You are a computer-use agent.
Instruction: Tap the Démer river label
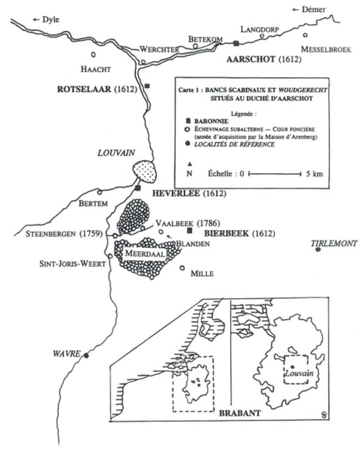tap(313, 10)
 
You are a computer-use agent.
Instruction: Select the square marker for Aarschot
tap(236, 43)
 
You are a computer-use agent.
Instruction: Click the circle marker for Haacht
tap(94, 54)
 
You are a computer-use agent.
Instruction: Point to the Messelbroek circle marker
tap(305, 35)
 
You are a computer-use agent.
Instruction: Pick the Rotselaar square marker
tap(147, 86)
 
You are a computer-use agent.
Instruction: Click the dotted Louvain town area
tap(145, 172)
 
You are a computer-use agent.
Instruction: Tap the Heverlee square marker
tap(138, 188)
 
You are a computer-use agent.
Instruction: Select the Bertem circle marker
tap(99, 192)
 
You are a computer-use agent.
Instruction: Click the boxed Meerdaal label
tap(145, 254)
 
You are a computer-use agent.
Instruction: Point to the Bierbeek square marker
tap(190, 231)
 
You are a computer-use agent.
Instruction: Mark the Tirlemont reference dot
tap(318, 249)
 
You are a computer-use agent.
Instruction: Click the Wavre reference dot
tap(86, 356)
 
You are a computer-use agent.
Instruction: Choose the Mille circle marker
tap(182, 268)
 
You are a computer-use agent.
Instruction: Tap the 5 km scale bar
tap(275, 174)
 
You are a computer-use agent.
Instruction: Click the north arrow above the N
tap(190, 164)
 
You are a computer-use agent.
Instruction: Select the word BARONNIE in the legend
tap(211, 121)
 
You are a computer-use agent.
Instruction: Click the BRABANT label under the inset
tap(240, 413)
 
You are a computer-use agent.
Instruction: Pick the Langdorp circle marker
tap(262, 36)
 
